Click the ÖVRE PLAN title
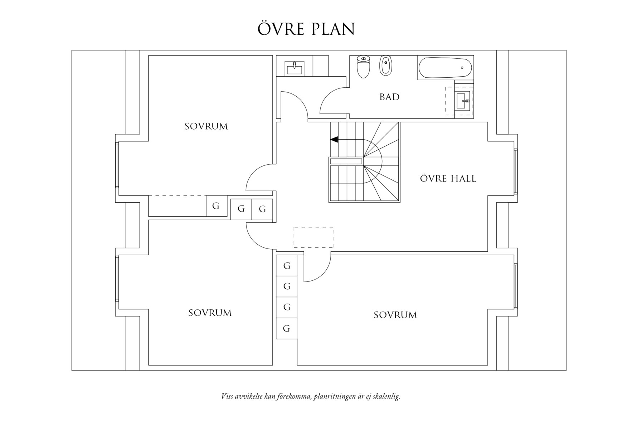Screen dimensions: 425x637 pos(306,29)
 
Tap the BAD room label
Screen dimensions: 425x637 pos(389,97)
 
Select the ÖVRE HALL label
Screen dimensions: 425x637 pos(448,178)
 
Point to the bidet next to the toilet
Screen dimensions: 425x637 pos(385,66)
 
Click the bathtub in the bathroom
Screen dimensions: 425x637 pos(445,67)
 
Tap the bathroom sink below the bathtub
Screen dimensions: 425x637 pos(463,101)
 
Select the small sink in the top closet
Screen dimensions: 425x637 pos(295,68)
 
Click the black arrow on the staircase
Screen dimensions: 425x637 pos(334,139)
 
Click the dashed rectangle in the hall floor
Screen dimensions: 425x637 pos(313,237)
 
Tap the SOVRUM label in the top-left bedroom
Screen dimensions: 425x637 pos(206,126)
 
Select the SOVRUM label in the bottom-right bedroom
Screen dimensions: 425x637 pos(395,315)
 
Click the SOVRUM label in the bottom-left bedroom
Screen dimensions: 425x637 pos(210,313)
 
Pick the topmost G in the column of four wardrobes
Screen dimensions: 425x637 pos(287,266)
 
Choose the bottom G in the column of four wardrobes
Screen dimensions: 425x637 pos(287,328)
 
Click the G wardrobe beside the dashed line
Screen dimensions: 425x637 pos(216,206)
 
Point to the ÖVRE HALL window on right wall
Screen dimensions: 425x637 pos(516,172)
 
